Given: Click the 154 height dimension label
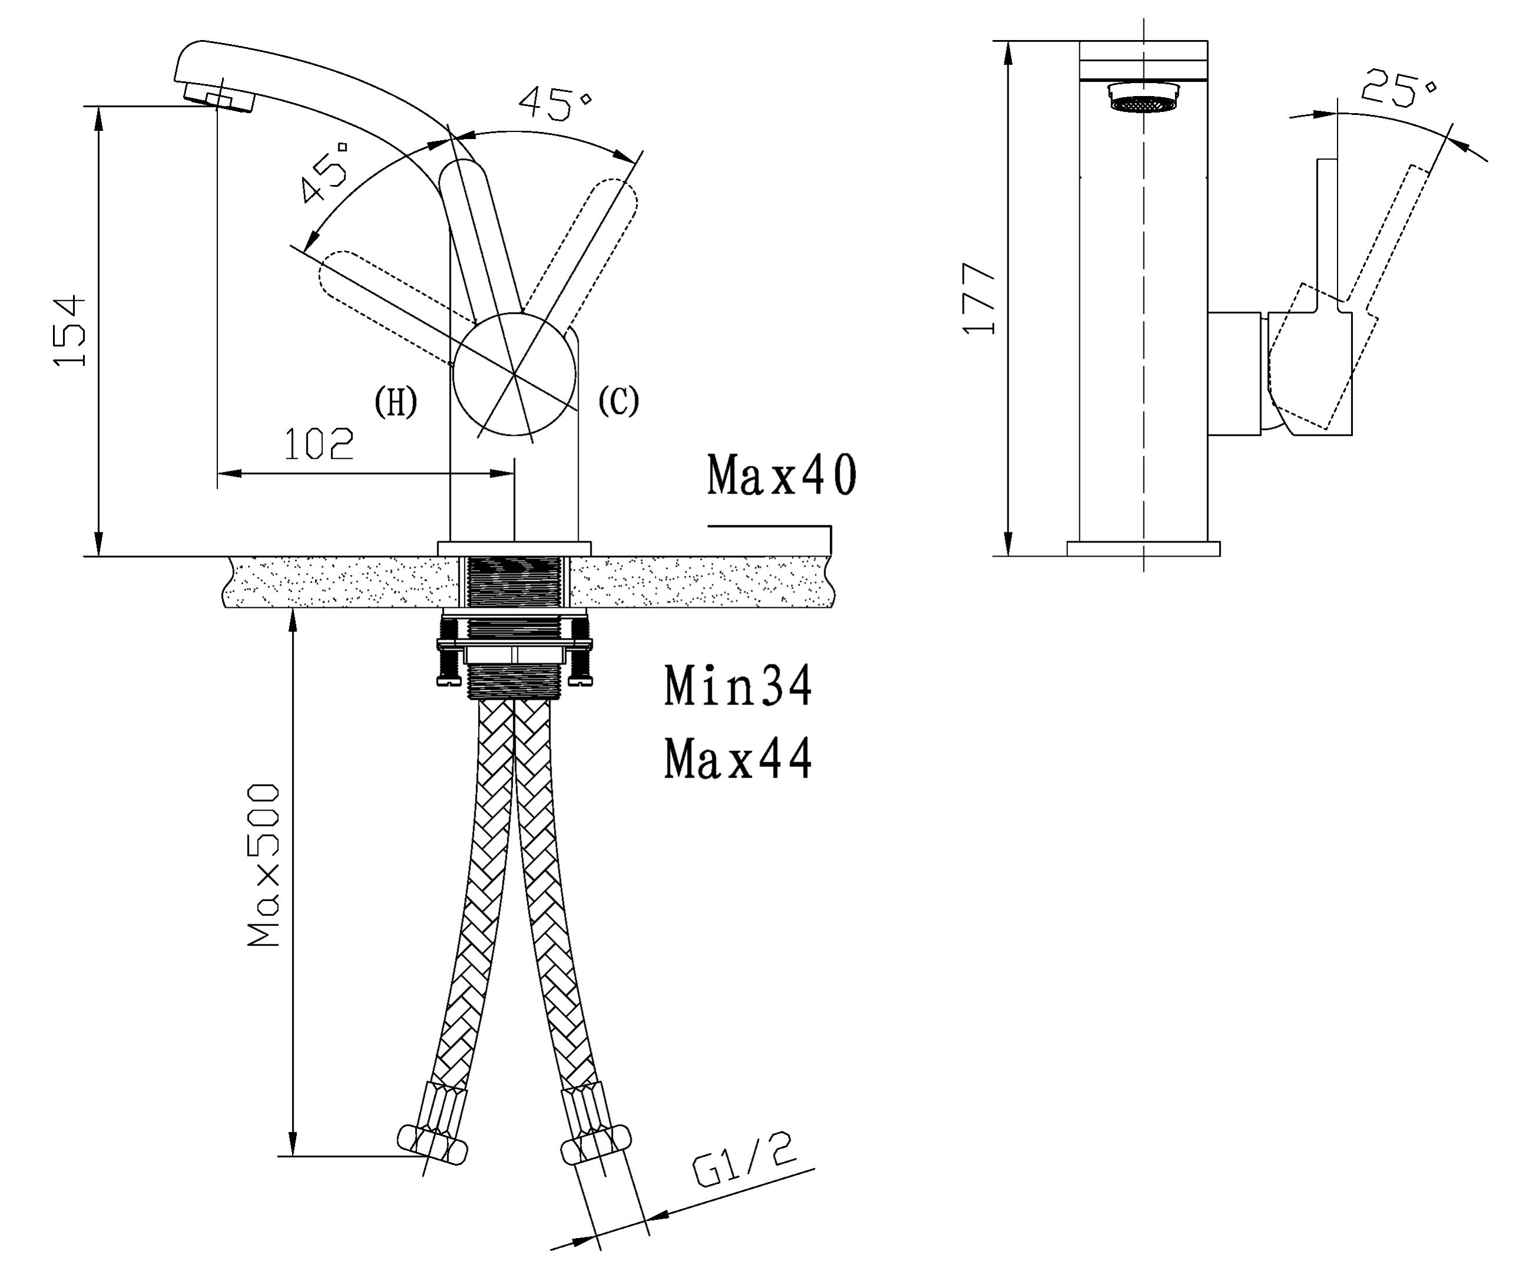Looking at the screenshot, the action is (70, 330).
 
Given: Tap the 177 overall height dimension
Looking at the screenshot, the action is (979, 298).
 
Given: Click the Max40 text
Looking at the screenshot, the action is (781, 475).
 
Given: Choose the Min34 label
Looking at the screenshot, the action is (738, 686).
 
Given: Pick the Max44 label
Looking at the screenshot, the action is (738, 758).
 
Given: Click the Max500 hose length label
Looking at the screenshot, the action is (263, 865).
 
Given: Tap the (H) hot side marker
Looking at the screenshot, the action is (396, 402).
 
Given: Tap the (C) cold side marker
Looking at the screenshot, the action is (619, 401).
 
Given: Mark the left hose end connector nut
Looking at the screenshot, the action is (433, 1145).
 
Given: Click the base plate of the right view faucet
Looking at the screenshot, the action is (1143, 549).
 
